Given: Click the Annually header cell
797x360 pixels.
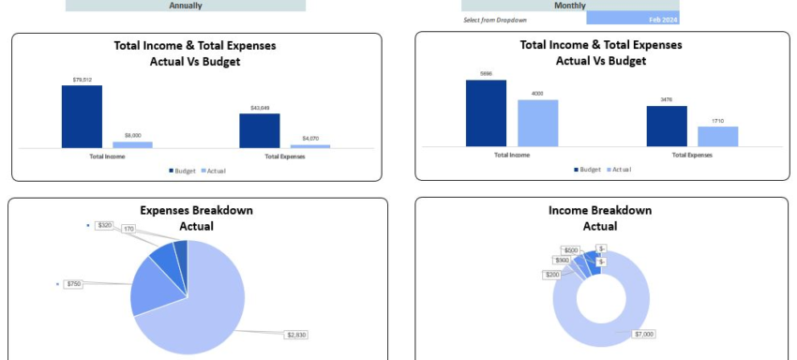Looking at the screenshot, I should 186,6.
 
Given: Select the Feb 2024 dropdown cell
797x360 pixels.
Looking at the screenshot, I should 633,19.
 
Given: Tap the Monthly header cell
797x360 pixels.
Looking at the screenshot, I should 570,6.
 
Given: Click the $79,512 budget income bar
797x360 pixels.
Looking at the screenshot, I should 82,116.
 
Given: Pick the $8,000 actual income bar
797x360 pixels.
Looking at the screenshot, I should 132,144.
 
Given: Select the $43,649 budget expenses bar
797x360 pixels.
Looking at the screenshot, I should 259,130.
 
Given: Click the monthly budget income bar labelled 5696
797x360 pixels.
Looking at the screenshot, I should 486,112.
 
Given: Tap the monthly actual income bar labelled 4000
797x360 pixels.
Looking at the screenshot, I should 537,122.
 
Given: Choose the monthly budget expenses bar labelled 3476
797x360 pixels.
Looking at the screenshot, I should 666,126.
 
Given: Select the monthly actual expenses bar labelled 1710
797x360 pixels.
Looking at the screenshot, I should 717,136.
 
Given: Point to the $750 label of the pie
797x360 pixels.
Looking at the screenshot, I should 74,283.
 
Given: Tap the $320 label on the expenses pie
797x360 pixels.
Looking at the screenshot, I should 104,225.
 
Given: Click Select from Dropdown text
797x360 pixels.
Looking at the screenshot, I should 493,19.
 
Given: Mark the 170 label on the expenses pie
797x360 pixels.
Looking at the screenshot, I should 128,229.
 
